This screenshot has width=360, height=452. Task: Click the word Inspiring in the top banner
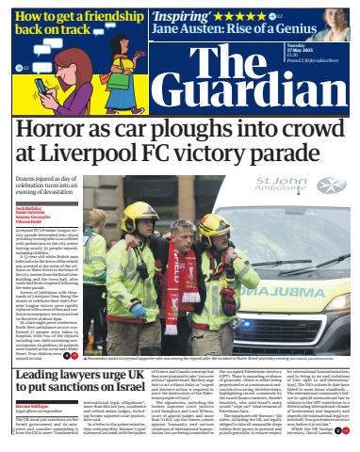tap(184, 16)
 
